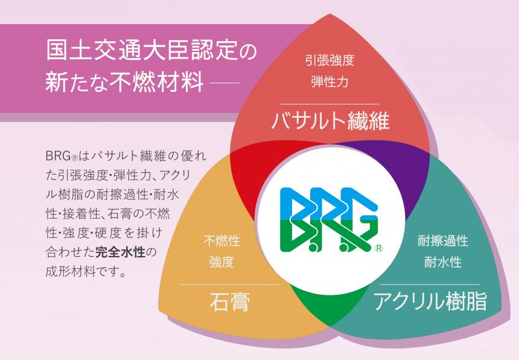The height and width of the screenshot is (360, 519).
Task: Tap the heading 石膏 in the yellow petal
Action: pyautogui.click(x=231, y=301)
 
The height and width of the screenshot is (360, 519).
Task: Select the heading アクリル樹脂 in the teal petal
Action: pyautogui.click(x=430, y=300)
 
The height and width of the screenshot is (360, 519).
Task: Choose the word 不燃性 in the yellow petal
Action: pyautogui.click(x=221, y=242)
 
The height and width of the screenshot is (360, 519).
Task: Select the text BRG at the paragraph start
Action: pyautogui.click(x=57, y=156)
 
